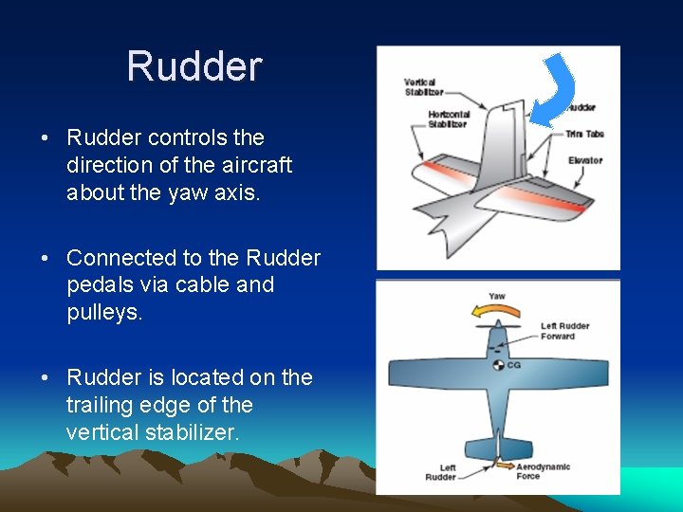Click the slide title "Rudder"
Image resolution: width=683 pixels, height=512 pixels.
point(194,66)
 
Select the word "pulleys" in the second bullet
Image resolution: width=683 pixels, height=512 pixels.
point(104,312)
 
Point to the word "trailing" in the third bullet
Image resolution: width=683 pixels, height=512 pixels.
point(102,405)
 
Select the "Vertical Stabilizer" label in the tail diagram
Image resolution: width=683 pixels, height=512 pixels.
point(423,87)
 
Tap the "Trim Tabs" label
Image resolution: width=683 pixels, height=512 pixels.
point(585,134)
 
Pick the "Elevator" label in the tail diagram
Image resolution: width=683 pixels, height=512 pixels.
point(585,160)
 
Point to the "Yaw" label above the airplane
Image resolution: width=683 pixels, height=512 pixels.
point(497,296)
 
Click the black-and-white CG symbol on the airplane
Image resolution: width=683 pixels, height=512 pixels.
point(497,364)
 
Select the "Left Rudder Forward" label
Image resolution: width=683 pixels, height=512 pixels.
point(564,331)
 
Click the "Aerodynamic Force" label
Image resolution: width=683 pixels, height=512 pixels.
point(543,471)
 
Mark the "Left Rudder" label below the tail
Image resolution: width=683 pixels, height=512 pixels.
point(440,471)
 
